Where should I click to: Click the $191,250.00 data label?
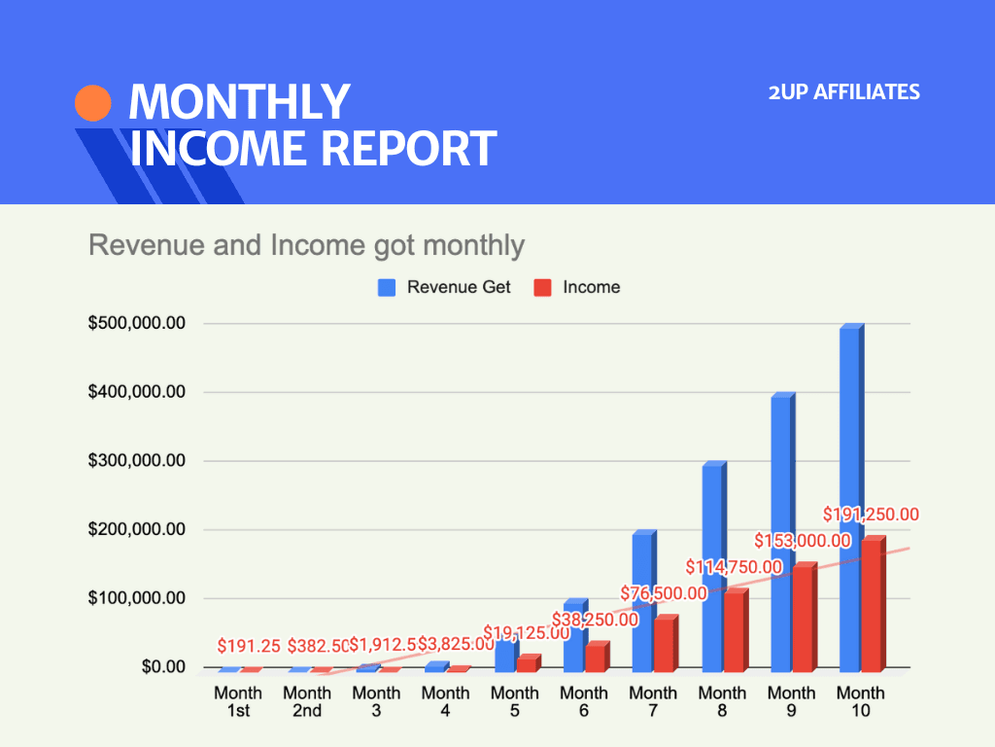[x=871, y=515]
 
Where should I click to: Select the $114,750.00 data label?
[x=734, y=567]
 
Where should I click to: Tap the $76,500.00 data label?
[x=664, y=593]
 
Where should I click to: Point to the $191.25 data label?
[x=249, y=646]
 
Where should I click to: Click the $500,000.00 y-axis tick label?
[x=137, y=324]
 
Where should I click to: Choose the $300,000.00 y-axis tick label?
[x=137, y=461]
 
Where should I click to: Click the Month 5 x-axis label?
[x=514, y=701]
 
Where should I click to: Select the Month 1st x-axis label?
[x=238, y=701]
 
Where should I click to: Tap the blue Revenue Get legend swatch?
[x=387, y=288]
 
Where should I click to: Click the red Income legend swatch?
[x=543, y=288]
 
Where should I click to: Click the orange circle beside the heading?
[x=93, y=103]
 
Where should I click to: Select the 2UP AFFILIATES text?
[x=843, y=92]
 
